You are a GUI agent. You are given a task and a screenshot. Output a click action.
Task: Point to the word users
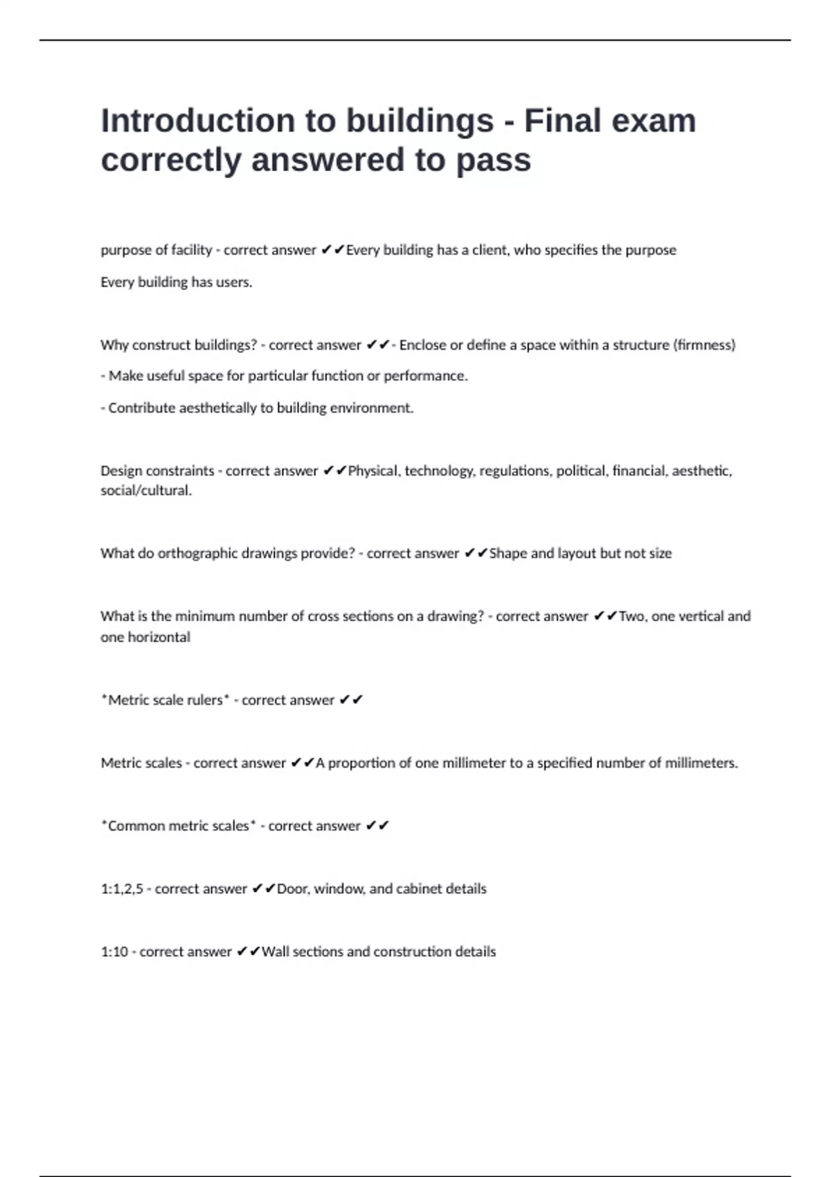coord(235,282)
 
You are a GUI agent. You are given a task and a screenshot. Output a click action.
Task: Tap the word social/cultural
coord(145,491)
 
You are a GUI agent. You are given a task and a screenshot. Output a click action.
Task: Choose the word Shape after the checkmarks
coord(508,554)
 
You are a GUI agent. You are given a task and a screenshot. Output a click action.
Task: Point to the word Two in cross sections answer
coord(632,616)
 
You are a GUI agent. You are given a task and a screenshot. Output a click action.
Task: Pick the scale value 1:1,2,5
coord(122,889)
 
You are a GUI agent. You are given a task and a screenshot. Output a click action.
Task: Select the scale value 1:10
coord(114,952)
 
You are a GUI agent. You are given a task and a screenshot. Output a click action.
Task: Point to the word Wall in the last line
coord(275,952)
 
